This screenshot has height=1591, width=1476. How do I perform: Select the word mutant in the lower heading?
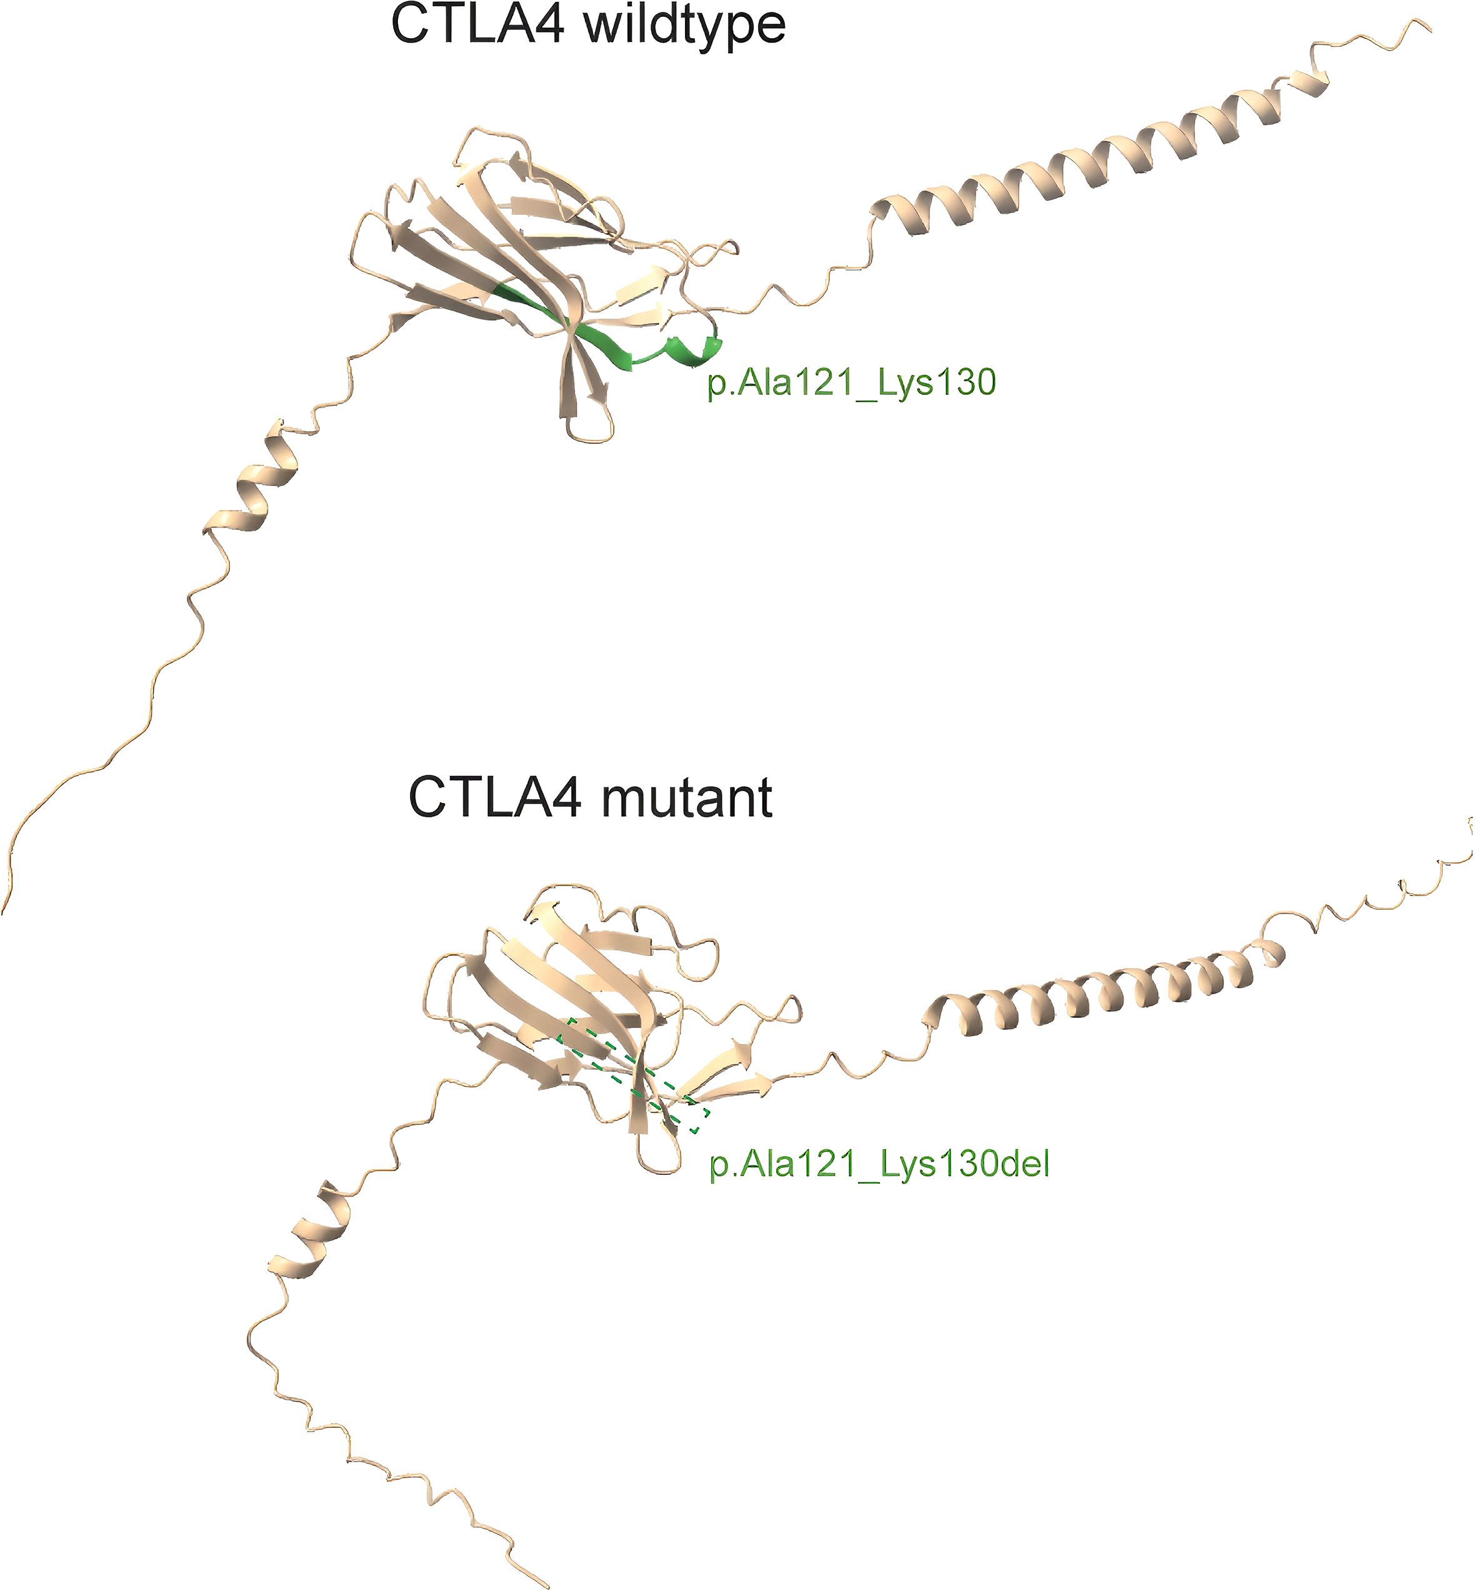tap(687, 798)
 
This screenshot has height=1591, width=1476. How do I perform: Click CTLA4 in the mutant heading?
tap(494, 798)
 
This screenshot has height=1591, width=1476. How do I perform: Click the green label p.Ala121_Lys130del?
tap(879, 1164)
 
